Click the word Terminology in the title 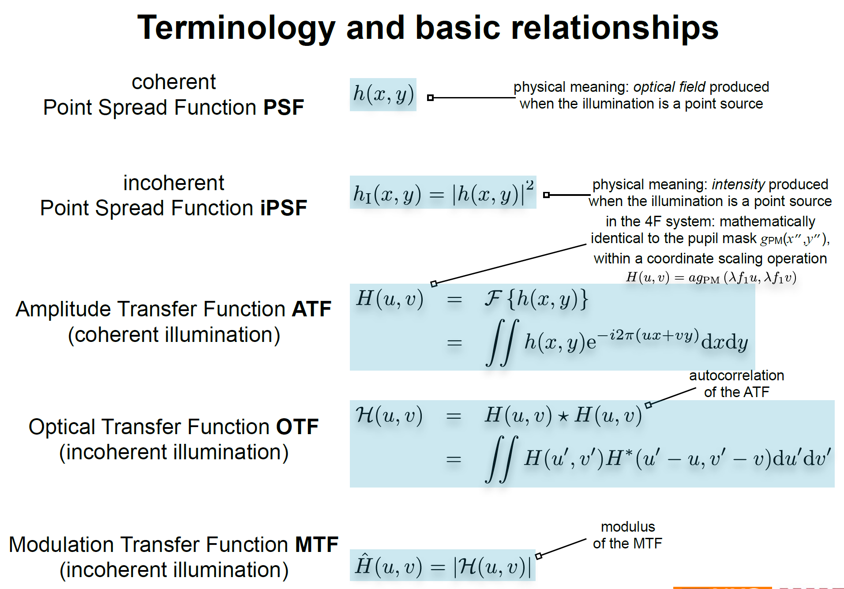point(236,28)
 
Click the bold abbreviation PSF point(283,108)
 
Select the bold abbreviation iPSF point(283,208)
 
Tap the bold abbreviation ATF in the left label point(311,309)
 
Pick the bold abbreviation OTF point(297,427)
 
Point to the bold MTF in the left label point(316,545)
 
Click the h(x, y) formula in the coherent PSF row point(383,94)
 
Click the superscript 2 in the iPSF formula point(529,185)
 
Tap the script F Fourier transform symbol point(493,299)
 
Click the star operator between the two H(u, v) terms point(563,417)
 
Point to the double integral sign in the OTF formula point(501,460)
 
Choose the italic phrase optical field point(669,87)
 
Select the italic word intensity point(738,184)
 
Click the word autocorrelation point(736,375)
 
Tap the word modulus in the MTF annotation point(627,527)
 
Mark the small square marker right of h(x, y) point(430,98)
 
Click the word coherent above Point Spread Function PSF point(173,83)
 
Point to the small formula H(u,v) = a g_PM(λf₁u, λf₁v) point(711,278)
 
